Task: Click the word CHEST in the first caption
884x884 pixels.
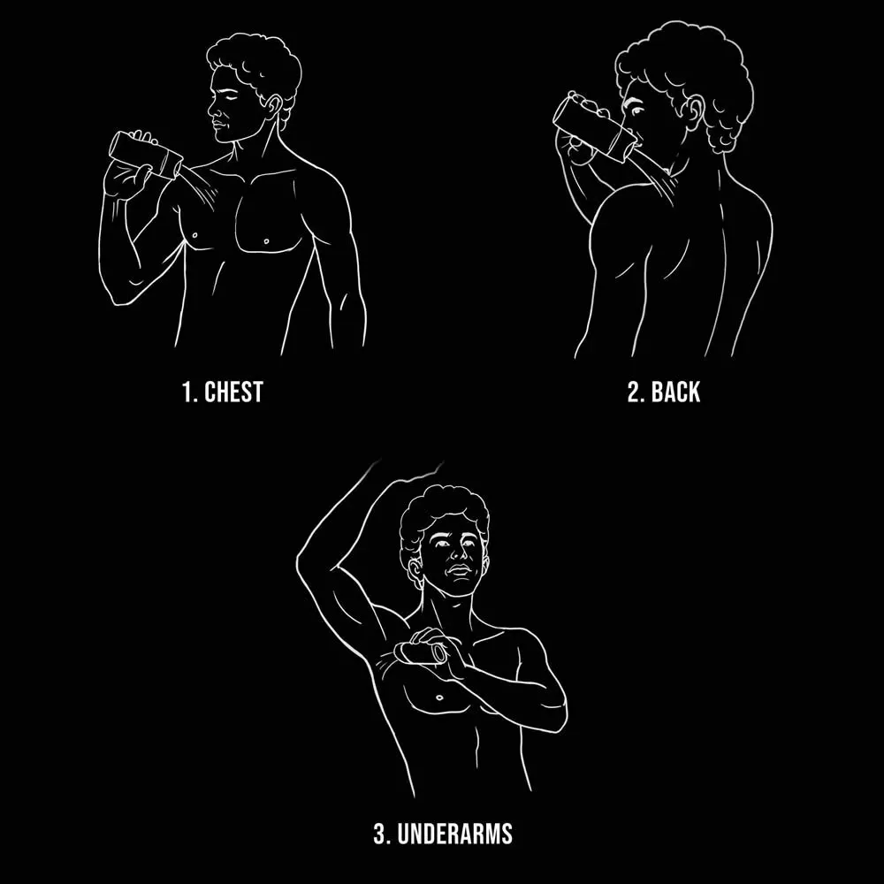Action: pyautogui.click(x=233, y=392)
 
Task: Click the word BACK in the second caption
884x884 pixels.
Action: pyautogui.click(x=675, y=392)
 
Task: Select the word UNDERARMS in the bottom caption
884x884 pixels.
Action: pyautogui.click(x=455, y=834)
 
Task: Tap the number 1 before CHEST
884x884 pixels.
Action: pyautogui.click(x=188, y=392)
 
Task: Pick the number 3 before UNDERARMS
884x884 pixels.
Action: pyautogui.click(x=381, y=834)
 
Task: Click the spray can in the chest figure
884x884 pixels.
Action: pyautogui.click(x=146, y=154)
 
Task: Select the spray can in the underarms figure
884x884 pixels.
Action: pyautogui.click(x=421, y=654)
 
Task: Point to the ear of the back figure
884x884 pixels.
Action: pyautogui.click(x=696, y=112)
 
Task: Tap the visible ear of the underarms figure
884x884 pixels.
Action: pyautogui.click(x=415, y=571)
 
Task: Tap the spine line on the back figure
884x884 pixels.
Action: pyautogui.click(x=721, y=259)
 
